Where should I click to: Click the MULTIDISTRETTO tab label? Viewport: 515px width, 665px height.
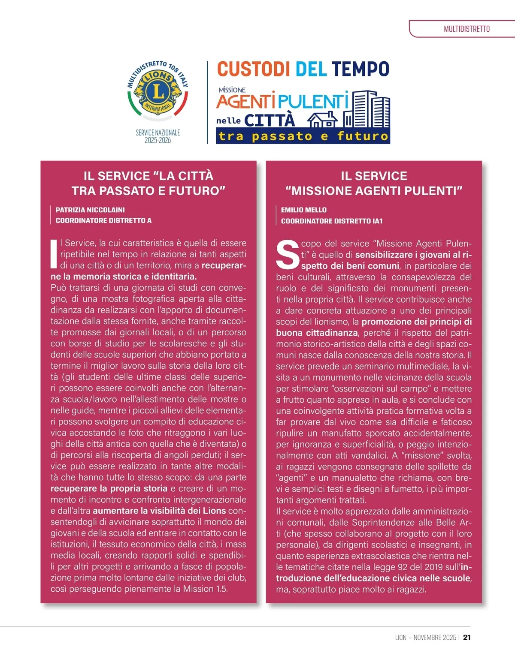[x=467, y=29]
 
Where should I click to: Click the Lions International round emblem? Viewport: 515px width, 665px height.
[x=158, y=91]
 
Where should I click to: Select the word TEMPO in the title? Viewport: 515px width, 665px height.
[x=360, y=69]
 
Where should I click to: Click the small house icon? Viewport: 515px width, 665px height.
[x=323, y=119]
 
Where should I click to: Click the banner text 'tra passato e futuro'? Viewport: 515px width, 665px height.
[x=303, y=136]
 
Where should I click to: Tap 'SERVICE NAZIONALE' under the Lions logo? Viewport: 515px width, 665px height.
[x=158, y=132]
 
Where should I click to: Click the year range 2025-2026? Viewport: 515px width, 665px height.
[x=158, y=140]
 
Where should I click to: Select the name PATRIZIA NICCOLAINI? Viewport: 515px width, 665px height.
[x=90, y=210]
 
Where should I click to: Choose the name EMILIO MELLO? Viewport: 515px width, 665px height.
[x=303, y=210]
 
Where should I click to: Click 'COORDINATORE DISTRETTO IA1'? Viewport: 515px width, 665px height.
[x=331, y=221]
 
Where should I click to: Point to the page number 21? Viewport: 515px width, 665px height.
[x=467, y=638]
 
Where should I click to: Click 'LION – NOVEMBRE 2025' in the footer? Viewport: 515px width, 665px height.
[x=425, y=638]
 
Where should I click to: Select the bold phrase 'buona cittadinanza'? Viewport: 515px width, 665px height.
[x=317, y=333]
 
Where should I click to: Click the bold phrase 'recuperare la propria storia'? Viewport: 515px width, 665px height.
[x=109, y=488]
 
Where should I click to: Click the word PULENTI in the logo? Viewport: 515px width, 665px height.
[x=313, y=102]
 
